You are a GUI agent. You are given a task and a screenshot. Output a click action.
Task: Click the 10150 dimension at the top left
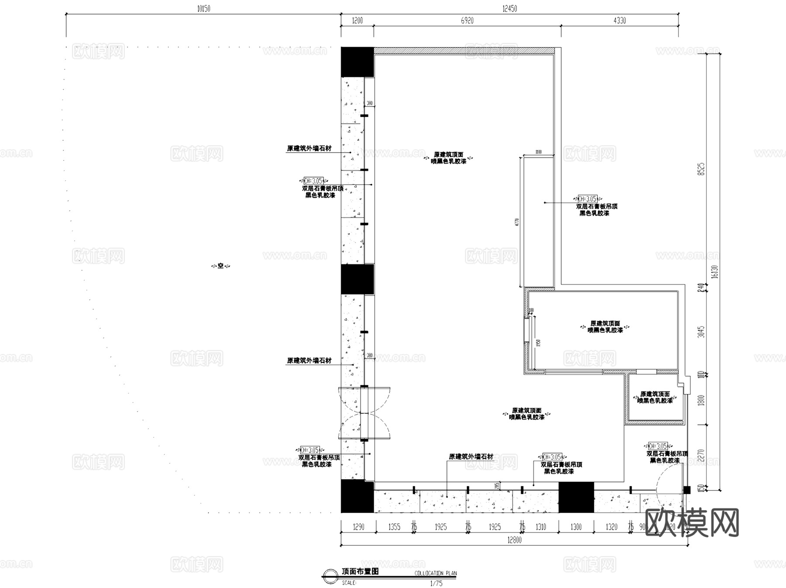pyautogui.click(x=203, y=9)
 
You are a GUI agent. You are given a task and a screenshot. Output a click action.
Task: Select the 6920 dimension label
pyautogui.click(x=467, y=21)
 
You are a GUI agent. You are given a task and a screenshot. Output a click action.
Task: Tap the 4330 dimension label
pyautogui.click(x=619, y=21)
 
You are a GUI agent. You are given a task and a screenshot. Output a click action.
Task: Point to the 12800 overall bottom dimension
pyautogui.click(x=514, y=540)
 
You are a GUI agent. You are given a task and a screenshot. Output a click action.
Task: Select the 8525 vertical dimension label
pyautogui.click(x=701, y=169)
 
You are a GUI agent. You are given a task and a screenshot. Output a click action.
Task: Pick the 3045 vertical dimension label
pyautogui.click(x=701, y=332)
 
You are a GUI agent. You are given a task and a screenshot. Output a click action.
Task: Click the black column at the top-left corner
pyautogui.click(x=357, y=62)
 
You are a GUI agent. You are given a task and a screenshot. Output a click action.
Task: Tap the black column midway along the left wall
pyautogui.click(x=357, y=279)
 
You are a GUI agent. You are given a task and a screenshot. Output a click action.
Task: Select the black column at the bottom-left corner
pyautogui.click(x=357, y=496)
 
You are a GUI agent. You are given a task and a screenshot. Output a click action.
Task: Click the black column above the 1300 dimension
pyautogui.click(x=576, y=497)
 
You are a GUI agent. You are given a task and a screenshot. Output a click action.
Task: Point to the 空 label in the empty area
pyautogui.click(x=221, y=265)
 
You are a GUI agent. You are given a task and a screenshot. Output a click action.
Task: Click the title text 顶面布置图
pyautogui.click(x=360, y=571)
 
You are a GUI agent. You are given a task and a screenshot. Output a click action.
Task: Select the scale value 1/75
pyautogui.click(x=436, y=583)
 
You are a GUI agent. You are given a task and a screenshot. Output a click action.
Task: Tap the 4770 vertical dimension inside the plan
pyautogui.click(x=517, y=222)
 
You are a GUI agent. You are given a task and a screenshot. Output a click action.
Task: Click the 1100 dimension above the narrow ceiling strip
pyautogui.click(x=538, y=152)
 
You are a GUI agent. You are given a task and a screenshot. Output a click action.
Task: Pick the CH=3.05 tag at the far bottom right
pyautogui.click(x=658, y=446)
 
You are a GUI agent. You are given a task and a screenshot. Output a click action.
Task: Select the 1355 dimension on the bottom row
pyautogui.click(x=394, y=527)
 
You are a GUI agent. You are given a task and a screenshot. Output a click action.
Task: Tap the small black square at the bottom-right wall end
pyautogui.click(x=686, y=490)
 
